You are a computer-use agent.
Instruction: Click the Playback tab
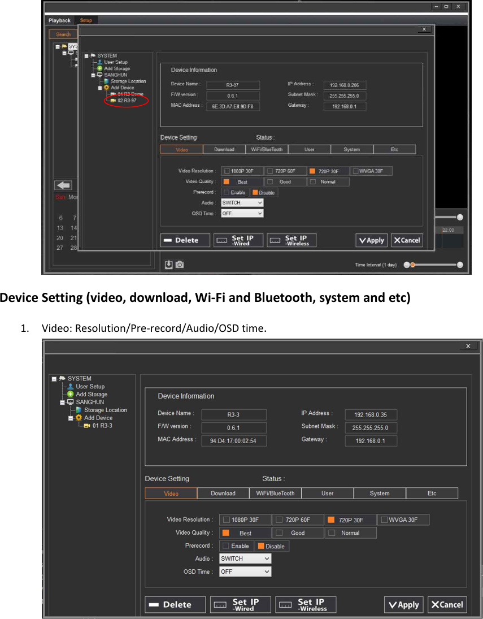point(59,20)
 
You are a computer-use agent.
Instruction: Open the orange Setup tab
point(86,20)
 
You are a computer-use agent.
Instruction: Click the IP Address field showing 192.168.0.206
point(345,85)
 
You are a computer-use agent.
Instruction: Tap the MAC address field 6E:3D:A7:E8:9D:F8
point(232,106)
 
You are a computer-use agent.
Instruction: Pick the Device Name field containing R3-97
point(232,85)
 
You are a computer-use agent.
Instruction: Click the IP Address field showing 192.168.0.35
point(371,414)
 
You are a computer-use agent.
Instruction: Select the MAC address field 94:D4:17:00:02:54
point(233,441)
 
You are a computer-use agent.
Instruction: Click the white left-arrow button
point(63,185)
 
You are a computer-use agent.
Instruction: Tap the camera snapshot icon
point(180,265)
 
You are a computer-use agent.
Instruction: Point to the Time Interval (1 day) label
point(376,265)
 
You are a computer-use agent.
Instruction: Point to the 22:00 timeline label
point(448,230)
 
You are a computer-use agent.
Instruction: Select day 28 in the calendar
point(73,248)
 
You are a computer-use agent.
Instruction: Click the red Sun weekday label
point(60,197)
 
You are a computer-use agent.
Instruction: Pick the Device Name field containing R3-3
point(233,414)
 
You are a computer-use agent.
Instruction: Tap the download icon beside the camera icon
point(168,265)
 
